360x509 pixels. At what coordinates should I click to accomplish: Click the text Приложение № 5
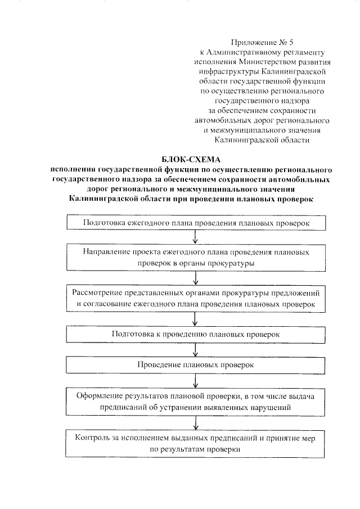262,42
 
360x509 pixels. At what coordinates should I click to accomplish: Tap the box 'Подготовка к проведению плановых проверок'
195,334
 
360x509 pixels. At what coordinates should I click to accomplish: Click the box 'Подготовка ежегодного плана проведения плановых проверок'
195,223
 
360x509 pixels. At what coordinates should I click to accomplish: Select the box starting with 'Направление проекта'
195,258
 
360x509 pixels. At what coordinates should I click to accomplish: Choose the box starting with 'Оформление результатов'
195,401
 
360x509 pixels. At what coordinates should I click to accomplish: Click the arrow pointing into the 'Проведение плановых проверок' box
195,350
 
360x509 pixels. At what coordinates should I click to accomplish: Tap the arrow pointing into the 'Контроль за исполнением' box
195,422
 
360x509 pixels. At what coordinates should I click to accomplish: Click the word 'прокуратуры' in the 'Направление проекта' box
231,263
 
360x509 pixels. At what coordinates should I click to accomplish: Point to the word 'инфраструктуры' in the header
227,71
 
